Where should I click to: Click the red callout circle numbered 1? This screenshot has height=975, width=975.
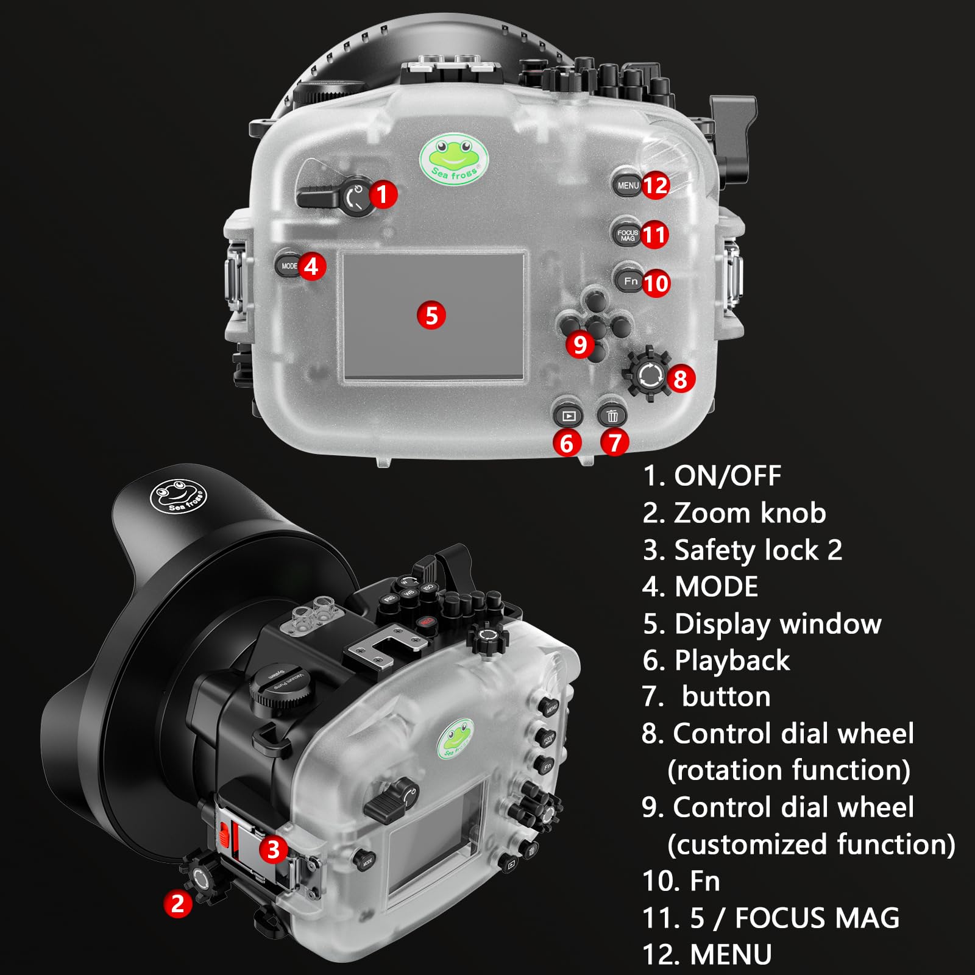pyautogui.click(x=382, y=194)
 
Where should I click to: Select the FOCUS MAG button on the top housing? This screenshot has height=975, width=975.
pyautogui.click(x=626, y=234)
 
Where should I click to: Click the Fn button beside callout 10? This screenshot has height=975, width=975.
pyautogui.click(x=629, y=281)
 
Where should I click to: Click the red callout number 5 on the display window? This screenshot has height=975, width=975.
pyautogui.click(x=431, y=316)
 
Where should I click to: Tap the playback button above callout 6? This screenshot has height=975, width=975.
pyautogui.click(x=568, y=416)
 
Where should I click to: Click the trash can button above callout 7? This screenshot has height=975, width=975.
pyautogui.click(x=612, y=416)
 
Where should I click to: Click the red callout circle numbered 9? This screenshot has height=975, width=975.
pyautogui.click(x=580, y=345)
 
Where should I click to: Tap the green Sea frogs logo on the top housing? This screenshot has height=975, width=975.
pyautogui.click(x=454, y=158)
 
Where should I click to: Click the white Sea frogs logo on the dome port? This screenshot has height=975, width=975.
pyautogui.click(x=179, y=496)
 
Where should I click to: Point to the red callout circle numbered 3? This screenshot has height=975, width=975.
pyautogui.click(x=273, y=849)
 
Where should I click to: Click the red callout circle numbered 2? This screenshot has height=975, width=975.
pyautogui.click(x=177, y=902)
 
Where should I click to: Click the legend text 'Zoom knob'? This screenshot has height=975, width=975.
pyautogui.click(x=750, y=513)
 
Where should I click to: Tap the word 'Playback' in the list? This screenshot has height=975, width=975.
pyautogui.click(x=732, y=661)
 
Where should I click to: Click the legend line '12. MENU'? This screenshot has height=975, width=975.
pyautogui.click(x=707, y=954)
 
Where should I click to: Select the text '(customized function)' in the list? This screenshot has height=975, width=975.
pyautogui.click(x=811, y=845)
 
